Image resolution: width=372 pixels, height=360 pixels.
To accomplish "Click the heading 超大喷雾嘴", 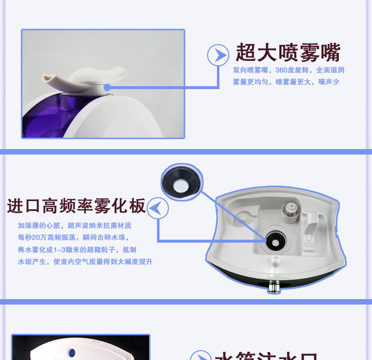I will [287, 52].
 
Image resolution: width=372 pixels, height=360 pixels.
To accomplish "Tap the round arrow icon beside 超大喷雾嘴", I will [217, 54].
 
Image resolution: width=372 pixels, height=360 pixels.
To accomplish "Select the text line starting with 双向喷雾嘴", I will [288, 70].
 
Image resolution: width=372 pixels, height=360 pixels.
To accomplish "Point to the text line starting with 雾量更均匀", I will [286, 82].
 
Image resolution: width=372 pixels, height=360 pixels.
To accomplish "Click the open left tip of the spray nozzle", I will [48, 78].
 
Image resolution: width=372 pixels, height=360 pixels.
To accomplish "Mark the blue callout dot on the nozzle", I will [107, 88].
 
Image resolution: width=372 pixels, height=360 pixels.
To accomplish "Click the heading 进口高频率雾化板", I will [76, 206].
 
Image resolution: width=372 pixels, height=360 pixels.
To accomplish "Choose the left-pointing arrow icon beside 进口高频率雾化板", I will [158, 208].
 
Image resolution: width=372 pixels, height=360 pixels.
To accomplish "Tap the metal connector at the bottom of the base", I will [273, 287].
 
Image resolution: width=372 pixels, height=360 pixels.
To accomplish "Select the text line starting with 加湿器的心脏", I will [74, 225].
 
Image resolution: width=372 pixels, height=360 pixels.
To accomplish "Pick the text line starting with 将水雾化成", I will [77, 250].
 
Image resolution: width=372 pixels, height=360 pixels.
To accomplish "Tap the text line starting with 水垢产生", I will [85, 261].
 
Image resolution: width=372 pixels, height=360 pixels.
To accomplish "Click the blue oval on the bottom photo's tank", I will [72, 353].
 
